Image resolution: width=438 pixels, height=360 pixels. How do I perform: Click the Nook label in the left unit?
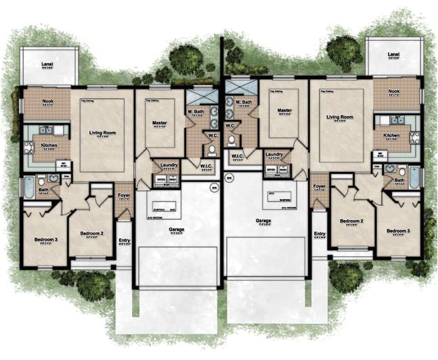tap(47, 102)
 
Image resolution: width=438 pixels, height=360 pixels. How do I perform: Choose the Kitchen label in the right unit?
tap(392, 135)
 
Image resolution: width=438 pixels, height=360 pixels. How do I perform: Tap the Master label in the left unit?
tap(160, 123)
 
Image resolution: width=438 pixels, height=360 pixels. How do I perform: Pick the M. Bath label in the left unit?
tap(198, 111)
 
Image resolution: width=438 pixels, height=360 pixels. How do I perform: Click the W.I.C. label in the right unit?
tap(237, 155)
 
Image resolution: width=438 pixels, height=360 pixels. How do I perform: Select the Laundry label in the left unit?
tap(169, 164)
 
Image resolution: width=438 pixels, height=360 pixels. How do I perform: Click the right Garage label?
tap(263, 221)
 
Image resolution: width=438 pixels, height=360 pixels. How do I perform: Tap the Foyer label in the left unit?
tap(123, 198)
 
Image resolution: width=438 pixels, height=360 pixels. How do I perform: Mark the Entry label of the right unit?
tap(319, 234)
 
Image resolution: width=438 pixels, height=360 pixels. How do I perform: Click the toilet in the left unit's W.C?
tap(211, 150)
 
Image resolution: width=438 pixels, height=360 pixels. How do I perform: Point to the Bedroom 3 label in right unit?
tap(398, 231)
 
